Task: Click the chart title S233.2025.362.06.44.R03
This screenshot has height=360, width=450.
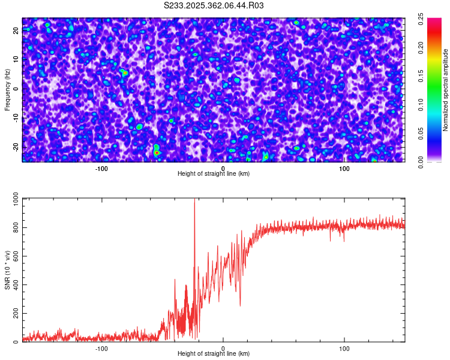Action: (214, 5)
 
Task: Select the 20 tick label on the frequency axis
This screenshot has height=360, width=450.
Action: (16, 31)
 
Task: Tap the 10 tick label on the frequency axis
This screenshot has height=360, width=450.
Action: (16, 59)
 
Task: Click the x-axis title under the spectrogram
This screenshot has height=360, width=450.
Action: (214, 173)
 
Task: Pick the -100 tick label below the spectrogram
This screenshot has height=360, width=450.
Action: (101, 168)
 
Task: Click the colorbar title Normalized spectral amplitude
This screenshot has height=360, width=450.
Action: (429, 90)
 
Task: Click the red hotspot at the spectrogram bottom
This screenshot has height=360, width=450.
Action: (157, 153)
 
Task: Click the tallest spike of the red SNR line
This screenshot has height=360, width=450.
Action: (194, 200)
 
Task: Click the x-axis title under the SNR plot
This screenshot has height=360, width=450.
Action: (214, 353)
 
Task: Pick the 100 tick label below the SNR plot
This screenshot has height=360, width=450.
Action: (344, 348)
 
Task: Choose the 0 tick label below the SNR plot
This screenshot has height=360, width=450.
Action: (223, 348)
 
